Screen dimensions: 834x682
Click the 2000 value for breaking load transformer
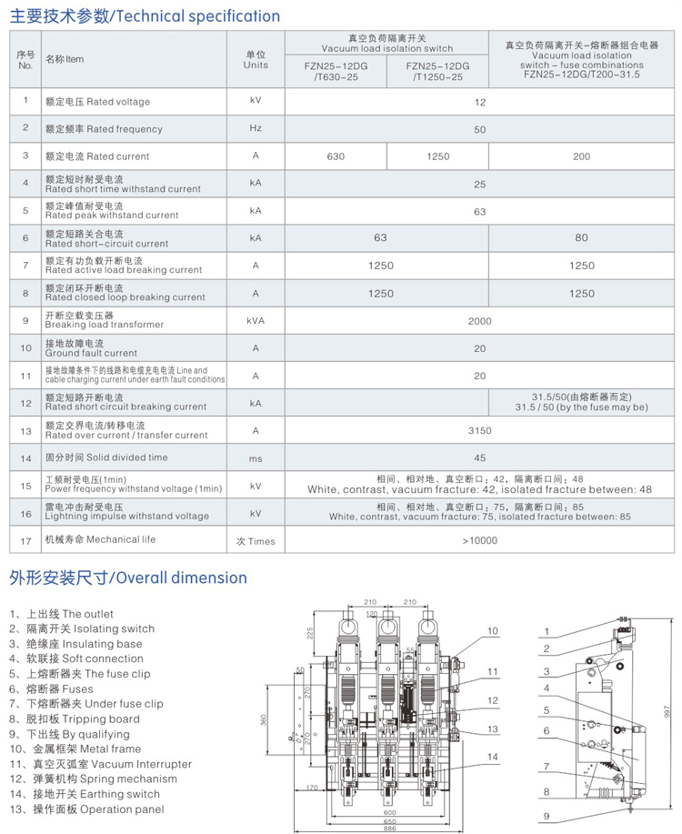pyautogui.click(x=479, y=320)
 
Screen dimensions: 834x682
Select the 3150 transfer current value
pyautogui.click(x=479, y=430)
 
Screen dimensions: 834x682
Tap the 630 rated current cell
pyautogui.click(x=336, y=156)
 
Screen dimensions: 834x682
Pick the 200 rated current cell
pyautogui.click(x=581, y=156)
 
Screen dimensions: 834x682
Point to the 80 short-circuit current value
pyautogui.click(x=581, y=238)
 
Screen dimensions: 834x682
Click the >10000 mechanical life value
pyautogui.click(x=479, y=540)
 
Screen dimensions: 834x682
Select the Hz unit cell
pyautogui.click(x=256, y=129)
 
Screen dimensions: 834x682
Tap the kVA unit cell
pyautogui.click(x=256, y=320)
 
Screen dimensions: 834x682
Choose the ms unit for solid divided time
pyautogui.click(x=256, y=458)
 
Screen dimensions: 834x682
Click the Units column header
pyautogui.click(x=256, y=60)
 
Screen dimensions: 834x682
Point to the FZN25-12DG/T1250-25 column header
pyautogui.click(x=437, y=72)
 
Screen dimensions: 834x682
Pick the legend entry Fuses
pyautogui.click(x=60, y=689)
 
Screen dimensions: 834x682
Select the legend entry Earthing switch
pyautogui.click(x=90, y=794)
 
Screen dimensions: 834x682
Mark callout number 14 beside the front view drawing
pyautogui.click(x=493, y=757)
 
